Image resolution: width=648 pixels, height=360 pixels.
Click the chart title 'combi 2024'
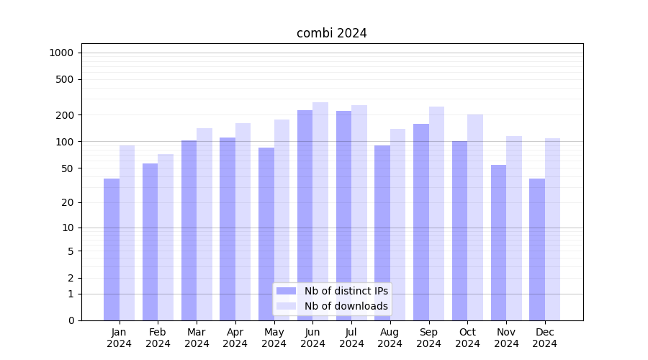tap(332, 33)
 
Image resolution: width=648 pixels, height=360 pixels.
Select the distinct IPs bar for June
tap(305, 215)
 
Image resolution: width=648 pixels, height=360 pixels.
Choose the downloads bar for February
tap(166, 237)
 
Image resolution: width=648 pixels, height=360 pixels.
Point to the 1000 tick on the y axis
tap(61, 53)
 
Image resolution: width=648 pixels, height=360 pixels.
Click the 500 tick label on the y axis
tap(65, 79)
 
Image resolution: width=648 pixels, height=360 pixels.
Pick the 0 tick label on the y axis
tap(71, 320)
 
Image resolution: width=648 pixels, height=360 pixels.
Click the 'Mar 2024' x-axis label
tap(197, 338)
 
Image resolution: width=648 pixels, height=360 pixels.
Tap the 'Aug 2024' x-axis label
tap(390, 338)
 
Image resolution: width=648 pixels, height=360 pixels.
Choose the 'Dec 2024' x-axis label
tap(544, 338)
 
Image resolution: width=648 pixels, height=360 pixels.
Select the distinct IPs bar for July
tap(343, 215)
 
